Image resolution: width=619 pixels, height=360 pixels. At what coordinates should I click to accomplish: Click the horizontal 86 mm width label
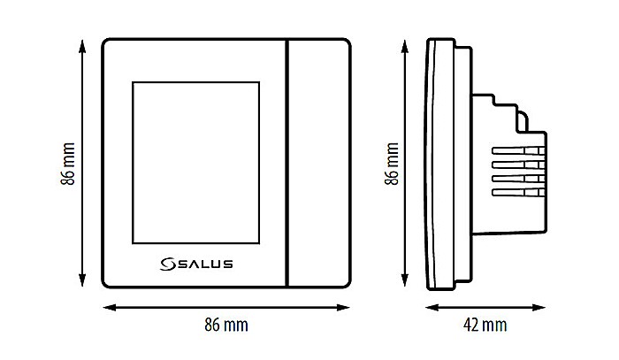coord(226,325)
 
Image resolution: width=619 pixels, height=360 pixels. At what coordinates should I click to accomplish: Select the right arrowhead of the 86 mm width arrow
coord(347,307)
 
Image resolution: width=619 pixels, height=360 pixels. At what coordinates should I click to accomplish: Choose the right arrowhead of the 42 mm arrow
coord(541,307)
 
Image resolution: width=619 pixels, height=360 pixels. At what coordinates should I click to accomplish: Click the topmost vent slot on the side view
coord(516,153)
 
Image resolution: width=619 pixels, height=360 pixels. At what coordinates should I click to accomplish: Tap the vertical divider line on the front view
coord(287,163)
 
